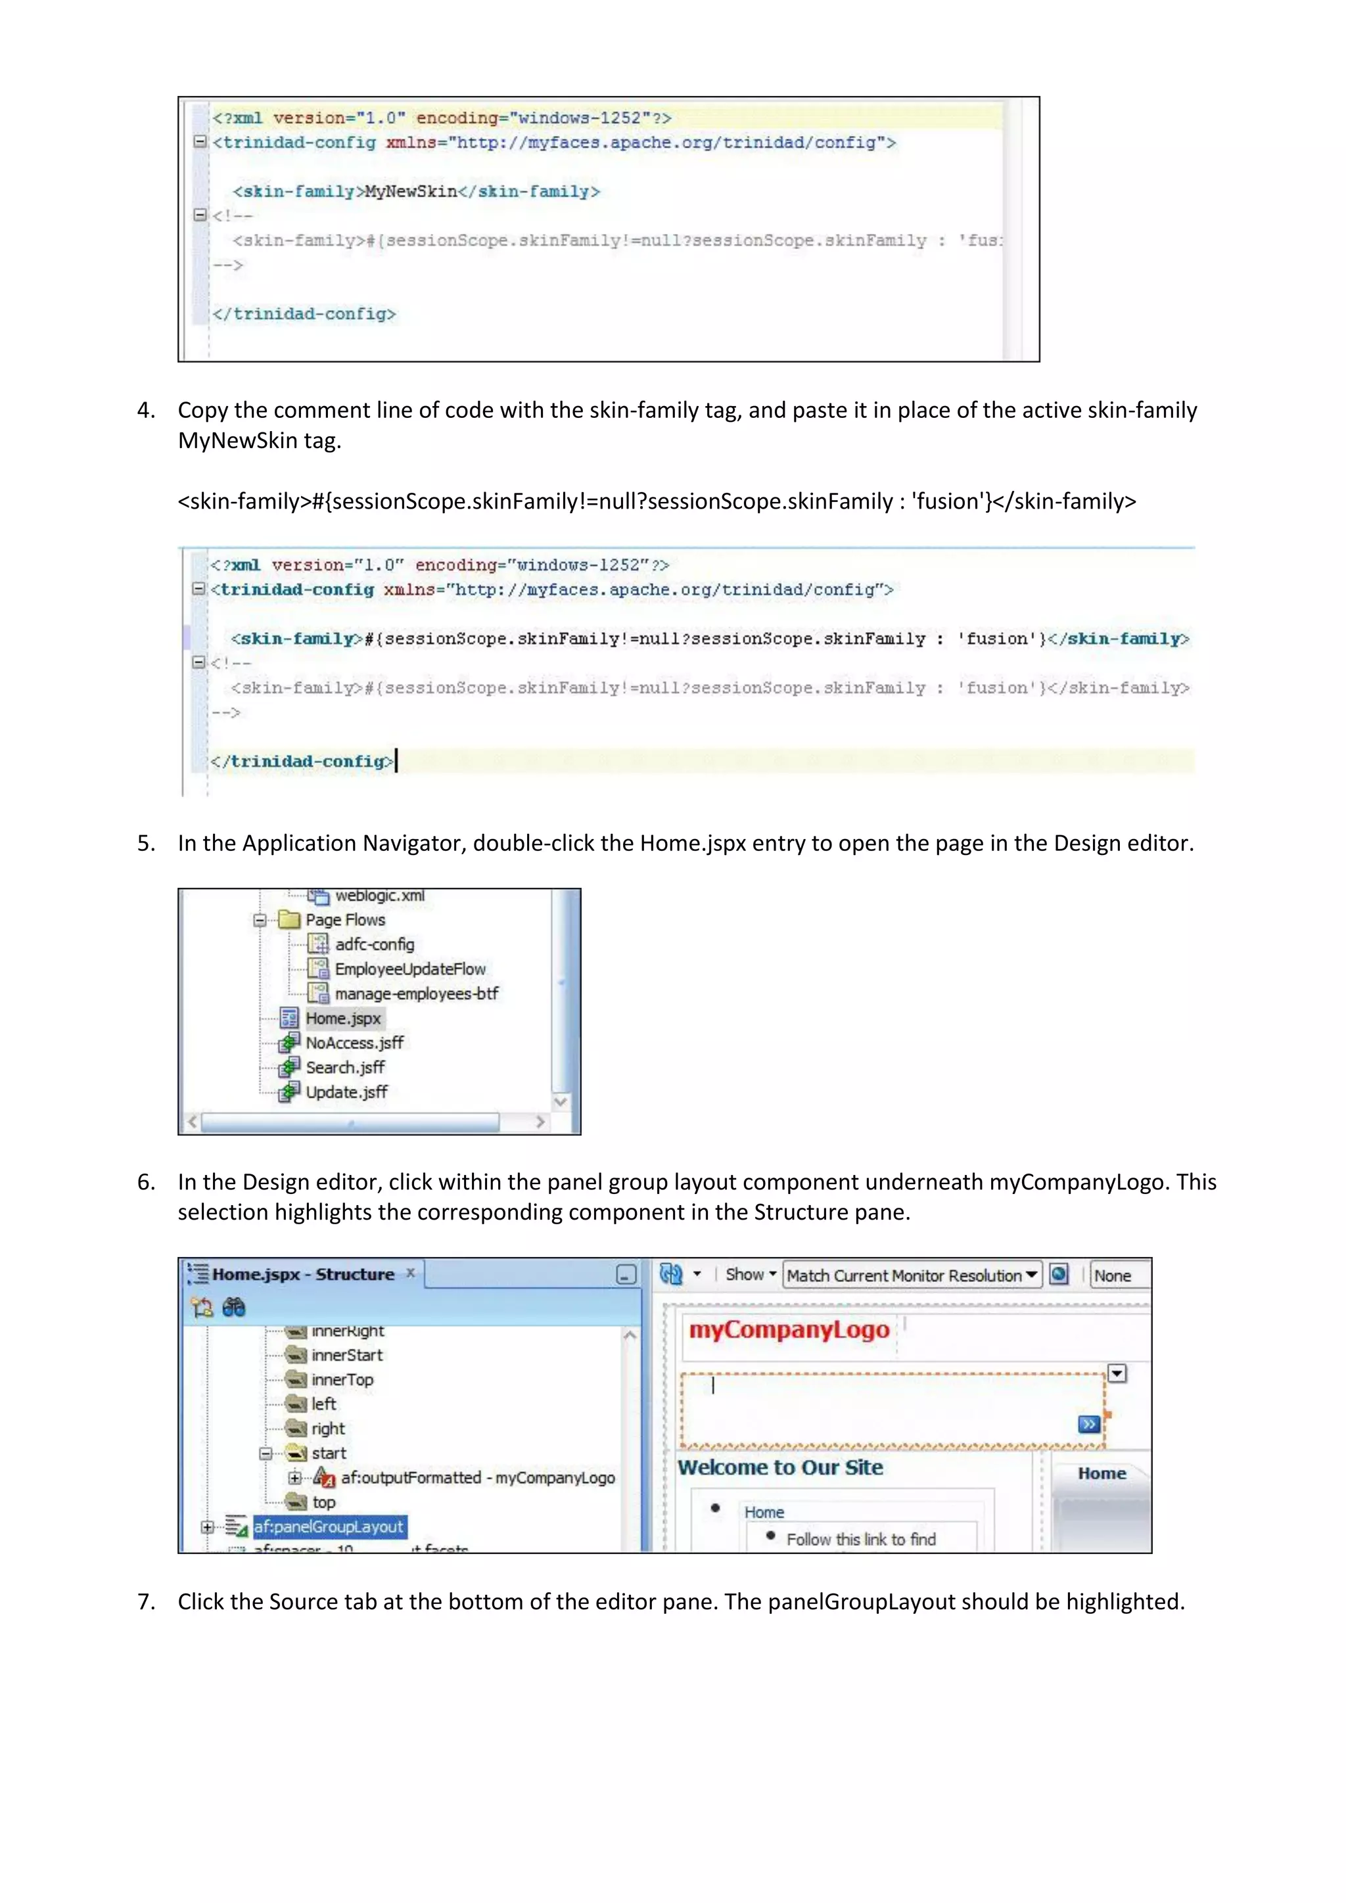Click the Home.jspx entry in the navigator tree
pyautogui.click(x=342, y=1018)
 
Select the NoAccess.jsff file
pyautogui.click(x=354, y=1043)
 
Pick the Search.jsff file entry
pyautogui.click(x=345, y=1068)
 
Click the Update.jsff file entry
pyautogui.click(x=346, y=1091)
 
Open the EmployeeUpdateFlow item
pyautogui.click(x=409, y=969)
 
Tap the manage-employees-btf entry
pyautogui.click(x=416, y=993)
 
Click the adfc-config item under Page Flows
pyautogui.click(x=374, y=944)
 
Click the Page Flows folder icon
pyautogui.click(x=289, y=919)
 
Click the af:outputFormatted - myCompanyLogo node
pyautogui.click(x=477, y=1477)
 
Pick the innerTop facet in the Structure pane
pyautogui.click(x=342, y=1379)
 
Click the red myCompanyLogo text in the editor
pyautogui.click(x=788, y=1329)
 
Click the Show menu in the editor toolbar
pyautogui.click(x=750, y=1274)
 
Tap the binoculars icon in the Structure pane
pyautogui.click(x=234, y=1307)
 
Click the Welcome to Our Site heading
pyautogui.click(x=780, y=1467)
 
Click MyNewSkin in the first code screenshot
pyautogui.click(x=411, y=191)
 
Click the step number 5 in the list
pyautogui.click(x=145, y=843)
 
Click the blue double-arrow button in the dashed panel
pyautogui.click(x=1088, y=1424)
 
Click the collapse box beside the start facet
pyautogui.click(x=266, y=1453)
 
